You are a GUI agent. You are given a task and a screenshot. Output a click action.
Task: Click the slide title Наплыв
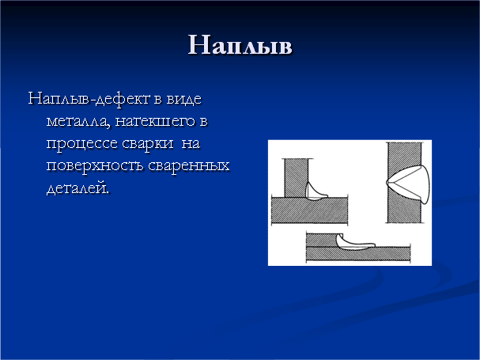[x=240, y=45]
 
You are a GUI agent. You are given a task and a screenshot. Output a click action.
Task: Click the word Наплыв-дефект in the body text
[x=89, y=99]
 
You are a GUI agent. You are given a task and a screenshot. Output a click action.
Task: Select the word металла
[x=77, y=121]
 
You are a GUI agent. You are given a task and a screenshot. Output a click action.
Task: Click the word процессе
[x=81, y=144]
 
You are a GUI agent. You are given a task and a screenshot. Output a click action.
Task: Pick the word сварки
[x=148, y=144]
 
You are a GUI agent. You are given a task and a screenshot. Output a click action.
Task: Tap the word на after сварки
[x=191, y=144]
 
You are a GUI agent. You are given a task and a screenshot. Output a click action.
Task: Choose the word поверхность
[x=95, y=166]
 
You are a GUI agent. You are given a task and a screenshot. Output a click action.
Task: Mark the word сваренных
[x=189, y=166]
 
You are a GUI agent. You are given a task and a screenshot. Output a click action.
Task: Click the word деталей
[x=77, y=188]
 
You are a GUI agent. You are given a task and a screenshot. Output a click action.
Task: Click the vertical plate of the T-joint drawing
[x=296, y=178]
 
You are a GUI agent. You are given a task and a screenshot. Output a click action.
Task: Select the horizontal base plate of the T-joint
[x=309, y=210]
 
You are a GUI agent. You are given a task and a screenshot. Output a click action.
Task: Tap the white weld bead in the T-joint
[x=314, y=194]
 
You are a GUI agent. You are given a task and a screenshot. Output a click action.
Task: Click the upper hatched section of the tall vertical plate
[x=404, y=156]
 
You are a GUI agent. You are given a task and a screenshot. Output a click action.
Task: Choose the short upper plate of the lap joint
[x=321, y=240]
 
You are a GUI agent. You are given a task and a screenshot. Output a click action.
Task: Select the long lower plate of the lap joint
[x=358, y=254]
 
